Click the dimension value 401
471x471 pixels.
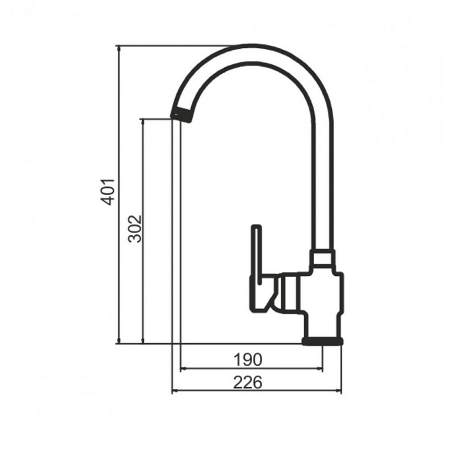(x=108, y=192)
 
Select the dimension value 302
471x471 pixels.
(x=134, y=229)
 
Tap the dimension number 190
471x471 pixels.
(x=248, y=359)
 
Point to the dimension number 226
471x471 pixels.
(x=248, y=382)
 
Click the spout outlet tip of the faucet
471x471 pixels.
(x=181, y=115)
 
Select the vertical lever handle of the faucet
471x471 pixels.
(x=257, y=255)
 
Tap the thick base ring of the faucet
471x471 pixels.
(x=322, y=341)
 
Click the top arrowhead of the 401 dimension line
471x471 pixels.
(x=119, y=48)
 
